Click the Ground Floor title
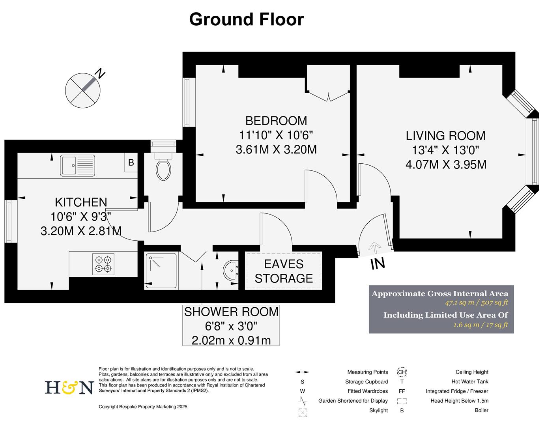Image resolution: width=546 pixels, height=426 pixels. tap(246, 19)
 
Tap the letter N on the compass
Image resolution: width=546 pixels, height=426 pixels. tap(101, 73)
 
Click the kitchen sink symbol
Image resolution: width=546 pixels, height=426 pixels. tap(77, 165)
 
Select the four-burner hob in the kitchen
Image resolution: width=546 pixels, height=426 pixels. tap(103, 264)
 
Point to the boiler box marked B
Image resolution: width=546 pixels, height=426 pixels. tap(131, 163)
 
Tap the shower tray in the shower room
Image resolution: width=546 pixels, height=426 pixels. tap(161, 271)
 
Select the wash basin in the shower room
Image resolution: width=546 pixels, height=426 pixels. tap(231, 271)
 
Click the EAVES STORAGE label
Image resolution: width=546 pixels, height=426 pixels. tap(284, 271)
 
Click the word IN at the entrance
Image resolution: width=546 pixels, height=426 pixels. tap(378, 264)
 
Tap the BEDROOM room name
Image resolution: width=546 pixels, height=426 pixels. tap(276, 120)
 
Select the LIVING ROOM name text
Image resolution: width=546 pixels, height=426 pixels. tap(445, 136)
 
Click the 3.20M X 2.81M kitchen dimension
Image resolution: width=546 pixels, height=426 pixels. tap(81, 231)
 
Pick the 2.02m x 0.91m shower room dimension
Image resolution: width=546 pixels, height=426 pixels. tap(231, 340)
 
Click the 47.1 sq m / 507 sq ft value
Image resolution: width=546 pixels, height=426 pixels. tap(476, 303)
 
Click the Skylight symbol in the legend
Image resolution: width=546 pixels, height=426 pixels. tap(303, 412)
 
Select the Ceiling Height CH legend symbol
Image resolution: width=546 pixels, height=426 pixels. tap(402, 372)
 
